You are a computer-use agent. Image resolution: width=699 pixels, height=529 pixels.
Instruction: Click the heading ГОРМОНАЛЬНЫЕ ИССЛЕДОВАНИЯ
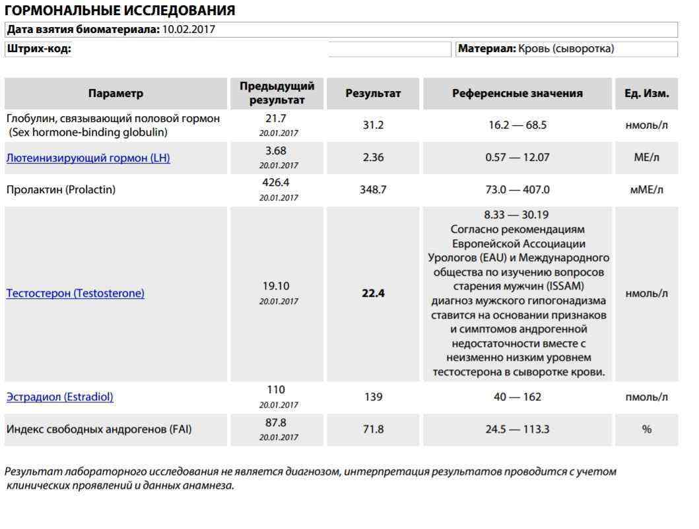[119, 11]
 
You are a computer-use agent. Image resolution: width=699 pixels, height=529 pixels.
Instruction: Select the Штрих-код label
[39, 49]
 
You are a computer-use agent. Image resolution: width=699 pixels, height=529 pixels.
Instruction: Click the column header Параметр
[116, 94]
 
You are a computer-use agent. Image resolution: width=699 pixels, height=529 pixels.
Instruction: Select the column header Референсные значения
[517, 94]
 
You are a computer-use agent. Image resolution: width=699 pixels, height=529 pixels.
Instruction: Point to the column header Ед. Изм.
[646, 94]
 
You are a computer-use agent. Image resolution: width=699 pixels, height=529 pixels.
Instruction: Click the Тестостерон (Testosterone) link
[75, 294]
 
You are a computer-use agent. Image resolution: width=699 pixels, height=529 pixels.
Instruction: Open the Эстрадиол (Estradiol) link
[60, 397]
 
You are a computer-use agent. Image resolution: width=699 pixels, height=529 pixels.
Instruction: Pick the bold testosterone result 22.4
[373, 294]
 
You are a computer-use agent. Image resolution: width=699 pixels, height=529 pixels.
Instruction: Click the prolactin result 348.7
[373, 190]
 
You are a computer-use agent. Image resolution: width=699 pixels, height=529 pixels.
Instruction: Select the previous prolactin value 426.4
[277, 183]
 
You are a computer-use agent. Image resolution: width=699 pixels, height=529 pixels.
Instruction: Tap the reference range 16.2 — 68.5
[517, 125]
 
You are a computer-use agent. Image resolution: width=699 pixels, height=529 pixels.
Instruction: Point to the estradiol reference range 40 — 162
[517, 397]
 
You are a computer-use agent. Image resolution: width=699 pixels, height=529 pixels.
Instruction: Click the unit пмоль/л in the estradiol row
[646, 397]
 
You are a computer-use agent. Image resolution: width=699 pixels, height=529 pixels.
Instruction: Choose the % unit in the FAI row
[646, 429]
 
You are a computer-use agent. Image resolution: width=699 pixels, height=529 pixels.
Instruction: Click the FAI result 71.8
[373, 429]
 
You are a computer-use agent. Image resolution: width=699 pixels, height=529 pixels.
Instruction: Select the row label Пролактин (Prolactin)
[61, 190]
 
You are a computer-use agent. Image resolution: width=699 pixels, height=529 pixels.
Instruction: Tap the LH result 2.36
[373, 158]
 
